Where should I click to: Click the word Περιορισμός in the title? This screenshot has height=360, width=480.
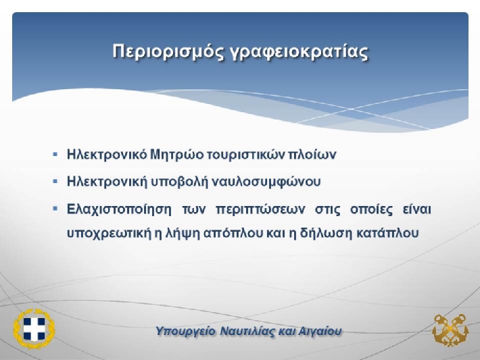(168, 51)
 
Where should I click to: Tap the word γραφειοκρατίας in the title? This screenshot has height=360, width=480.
(299, 52)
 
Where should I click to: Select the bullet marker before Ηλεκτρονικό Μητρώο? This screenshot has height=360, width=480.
(55, 154)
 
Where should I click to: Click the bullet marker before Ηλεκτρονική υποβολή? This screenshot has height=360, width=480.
(55, 182)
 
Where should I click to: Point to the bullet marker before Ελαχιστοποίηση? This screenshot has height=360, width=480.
(55, 209)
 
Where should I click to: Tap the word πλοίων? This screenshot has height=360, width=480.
(312, 155)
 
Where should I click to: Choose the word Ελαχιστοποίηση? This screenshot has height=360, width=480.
(119, 209)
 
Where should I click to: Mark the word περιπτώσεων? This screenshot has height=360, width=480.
(260, 210)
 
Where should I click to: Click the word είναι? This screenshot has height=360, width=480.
(416, 209)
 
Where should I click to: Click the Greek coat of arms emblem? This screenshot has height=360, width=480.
(34, 328)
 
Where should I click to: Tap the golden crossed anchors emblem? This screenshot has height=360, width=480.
(450, 330)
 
